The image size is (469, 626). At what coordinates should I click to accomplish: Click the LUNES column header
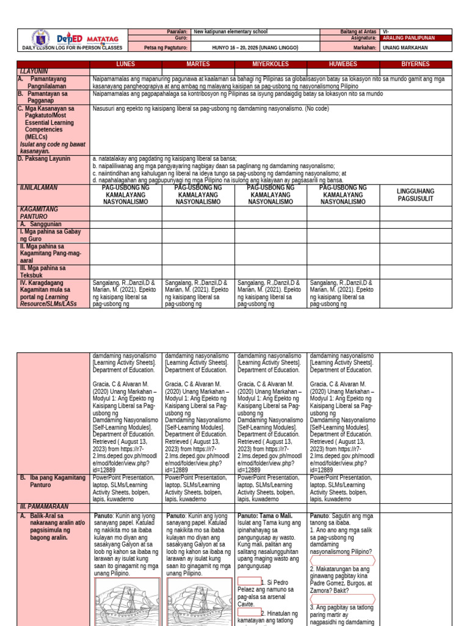[126, 64]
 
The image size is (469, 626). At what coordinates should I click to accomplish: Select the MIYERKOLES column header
[271, 64]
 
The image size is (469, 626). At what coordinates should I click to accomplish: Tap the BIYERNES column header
[415, 64]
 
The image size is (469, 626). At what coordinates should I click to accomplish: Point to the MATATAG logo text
[103, 39]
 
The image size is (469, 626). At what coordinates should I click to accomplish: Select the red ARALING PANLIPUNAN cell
[415, 38]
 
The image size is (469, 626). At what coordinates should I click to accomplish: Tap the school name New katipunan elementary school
[230, 31]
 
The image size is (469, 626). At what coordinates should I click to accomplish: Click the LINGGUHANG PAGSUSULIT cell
[415, 195]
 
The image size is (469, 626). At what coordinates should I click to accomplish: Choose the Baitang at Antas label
[357, 31]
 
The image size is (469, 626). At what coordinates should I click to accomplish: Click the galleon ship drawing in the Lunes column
[127, 603]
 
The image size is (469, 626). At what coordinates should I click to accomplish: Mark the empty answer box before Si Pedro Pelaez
[249, 581]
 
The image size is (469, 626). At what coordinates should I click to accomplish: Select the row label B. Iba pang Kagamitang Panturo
[53, 481]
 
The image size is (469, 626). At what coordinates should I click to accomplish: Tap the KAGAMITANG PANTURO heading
[39, 213]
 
